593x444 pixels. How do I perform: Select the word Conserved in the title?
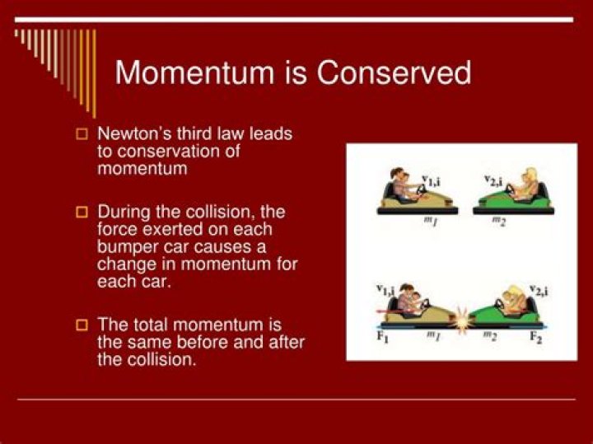click(x=394, y=72)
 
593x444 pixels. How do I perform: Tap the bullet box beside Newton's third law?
click(x=82, y=134)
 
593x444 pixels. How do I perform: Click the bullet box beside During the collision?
click(x=82, y=212)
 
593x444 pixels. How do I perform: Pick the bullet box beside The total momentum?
click(x=82, y=325)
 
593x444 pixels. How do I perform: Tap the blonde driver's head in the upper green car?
click(x=530, y=175)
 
